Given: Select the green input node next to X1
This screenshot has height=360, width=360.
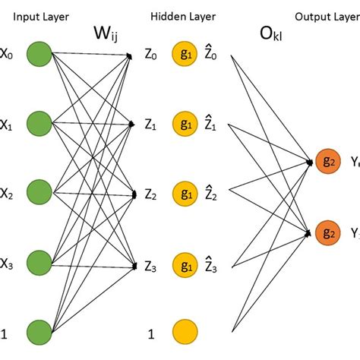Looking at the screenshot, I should (39, 122).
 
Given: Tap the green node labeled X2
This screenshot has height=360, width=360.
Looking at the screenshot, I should (39, 191).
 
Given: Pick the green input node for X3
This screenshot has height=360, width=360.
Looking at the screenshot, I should (39, 262).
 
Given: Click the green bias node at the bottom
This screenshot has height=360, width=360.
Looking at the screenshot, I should (39, 331).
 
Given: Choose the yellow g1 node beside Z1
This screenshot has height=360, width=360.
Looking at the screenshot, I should (184, 122).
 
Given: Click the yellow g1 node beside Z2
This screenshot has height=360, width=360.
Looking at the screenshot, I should (184, 191).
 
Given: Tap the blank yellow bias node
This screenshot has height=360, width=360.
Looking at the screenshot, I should (184, 331).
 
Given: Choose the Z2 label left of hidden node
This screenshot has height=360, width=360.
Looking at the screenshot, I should (151, 194).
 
